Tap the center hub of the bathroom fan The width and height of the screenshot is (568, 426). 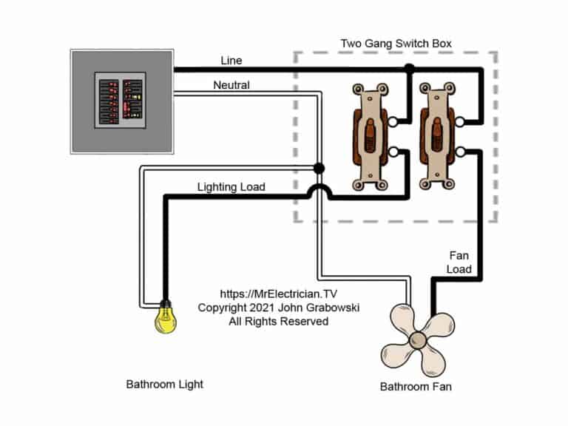pos(416,339)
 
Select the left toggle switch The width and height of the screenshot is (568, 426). pos(368,137)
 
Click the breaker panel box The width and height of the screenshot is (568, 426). pos(122,101)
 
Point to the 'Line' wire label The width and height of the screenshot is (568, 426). pos(231,60)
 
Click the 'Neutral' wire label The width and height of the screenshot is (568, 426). pos(231,85)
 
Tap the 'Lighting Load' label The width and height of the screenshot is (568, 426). pos(231,186)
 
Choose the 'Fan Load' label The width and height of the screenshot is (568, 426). pos(459,262)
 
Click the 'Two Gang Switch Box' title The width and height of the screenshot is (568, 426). pos(396,43)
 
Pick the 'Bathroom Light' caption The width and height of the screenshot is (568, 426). pos(164,384)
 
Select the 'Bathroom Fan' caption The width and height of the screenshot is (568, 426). pos(416,386)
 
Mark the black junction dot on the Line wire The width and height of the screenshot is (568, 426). pos(408,70)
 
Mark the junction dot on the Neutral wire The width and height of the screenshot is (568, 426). pos(318,168)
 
